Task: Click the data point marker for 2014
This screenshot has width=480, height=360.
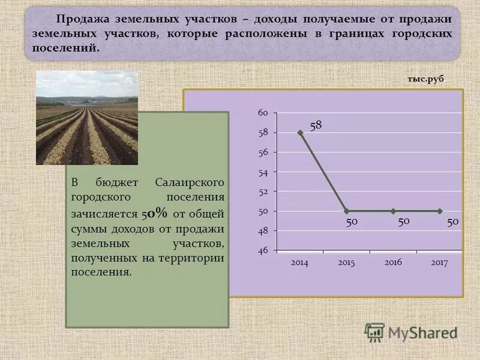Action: (x=300, y=133)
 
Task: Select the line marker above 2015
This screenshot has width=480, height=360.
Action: (x=347, y=211)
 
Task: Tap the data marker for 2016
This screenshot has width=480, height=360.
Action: (x=393, y=211)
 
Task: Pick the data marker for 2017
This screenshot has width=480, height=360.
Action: (x=440, y=211)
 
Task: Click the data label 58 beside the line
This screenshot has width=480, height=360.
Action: (x=316, y=125)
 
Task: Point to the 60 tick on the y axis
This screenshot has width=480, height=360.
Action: (x=263, y=113)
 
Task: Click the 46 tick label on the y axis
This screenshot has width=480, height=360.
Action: (x=263, y=250)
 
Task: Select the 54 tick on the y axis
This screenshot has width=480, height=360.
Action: (x=263, y=172)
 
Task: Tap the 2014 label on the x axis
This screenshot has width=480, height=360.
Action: (x=299, y=263)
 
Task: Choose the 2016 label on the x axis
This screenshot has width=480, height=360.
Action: (x=393, y=263)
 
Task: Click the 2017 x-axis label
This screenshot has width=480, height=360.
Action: (x=440, y=263)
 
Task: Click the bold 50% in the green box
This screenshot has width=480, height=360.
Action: (x=155, y=213)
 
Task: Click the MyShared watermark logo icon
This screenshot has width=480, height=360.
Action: (x=374, y=332)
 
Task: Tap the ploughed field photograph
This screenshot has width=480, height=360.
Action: (x=87, y=118)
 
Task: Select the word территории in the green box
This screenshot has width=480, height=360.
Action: (x=191, y=258)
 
